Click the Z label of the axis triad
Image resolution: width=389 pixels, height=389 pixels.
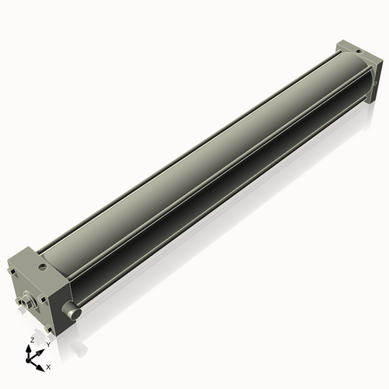[31, 340]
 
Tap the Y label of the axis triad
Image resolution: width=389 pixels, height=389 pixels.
[48, 344]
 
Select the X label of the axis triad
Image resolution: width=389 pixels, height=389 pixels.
[49, 366]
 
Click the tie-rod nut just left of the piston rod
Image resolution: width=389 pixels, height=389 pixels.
[19, 301]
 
